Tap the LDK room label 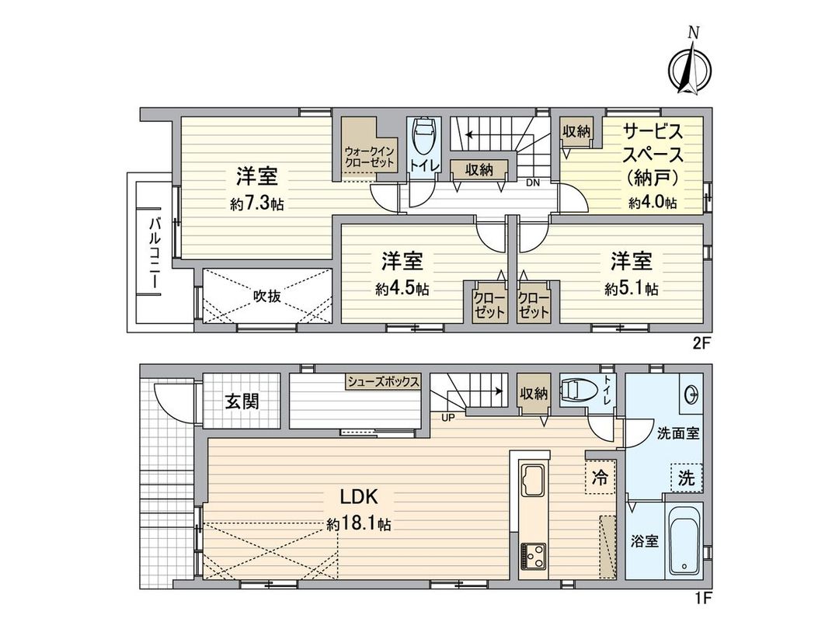357,496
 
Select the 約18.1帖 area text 359,525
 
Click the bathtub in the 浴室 684,541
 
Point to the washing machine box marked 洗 685,478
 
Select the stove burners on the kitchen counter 533,556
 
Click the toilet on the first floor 578,391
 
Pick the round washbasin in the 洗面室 691,395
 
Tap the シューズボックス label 384,381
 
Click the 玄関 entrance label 242,401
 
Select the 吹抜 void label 266,295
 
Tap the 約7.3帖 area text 256,205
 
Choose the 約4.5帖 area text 402,289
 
